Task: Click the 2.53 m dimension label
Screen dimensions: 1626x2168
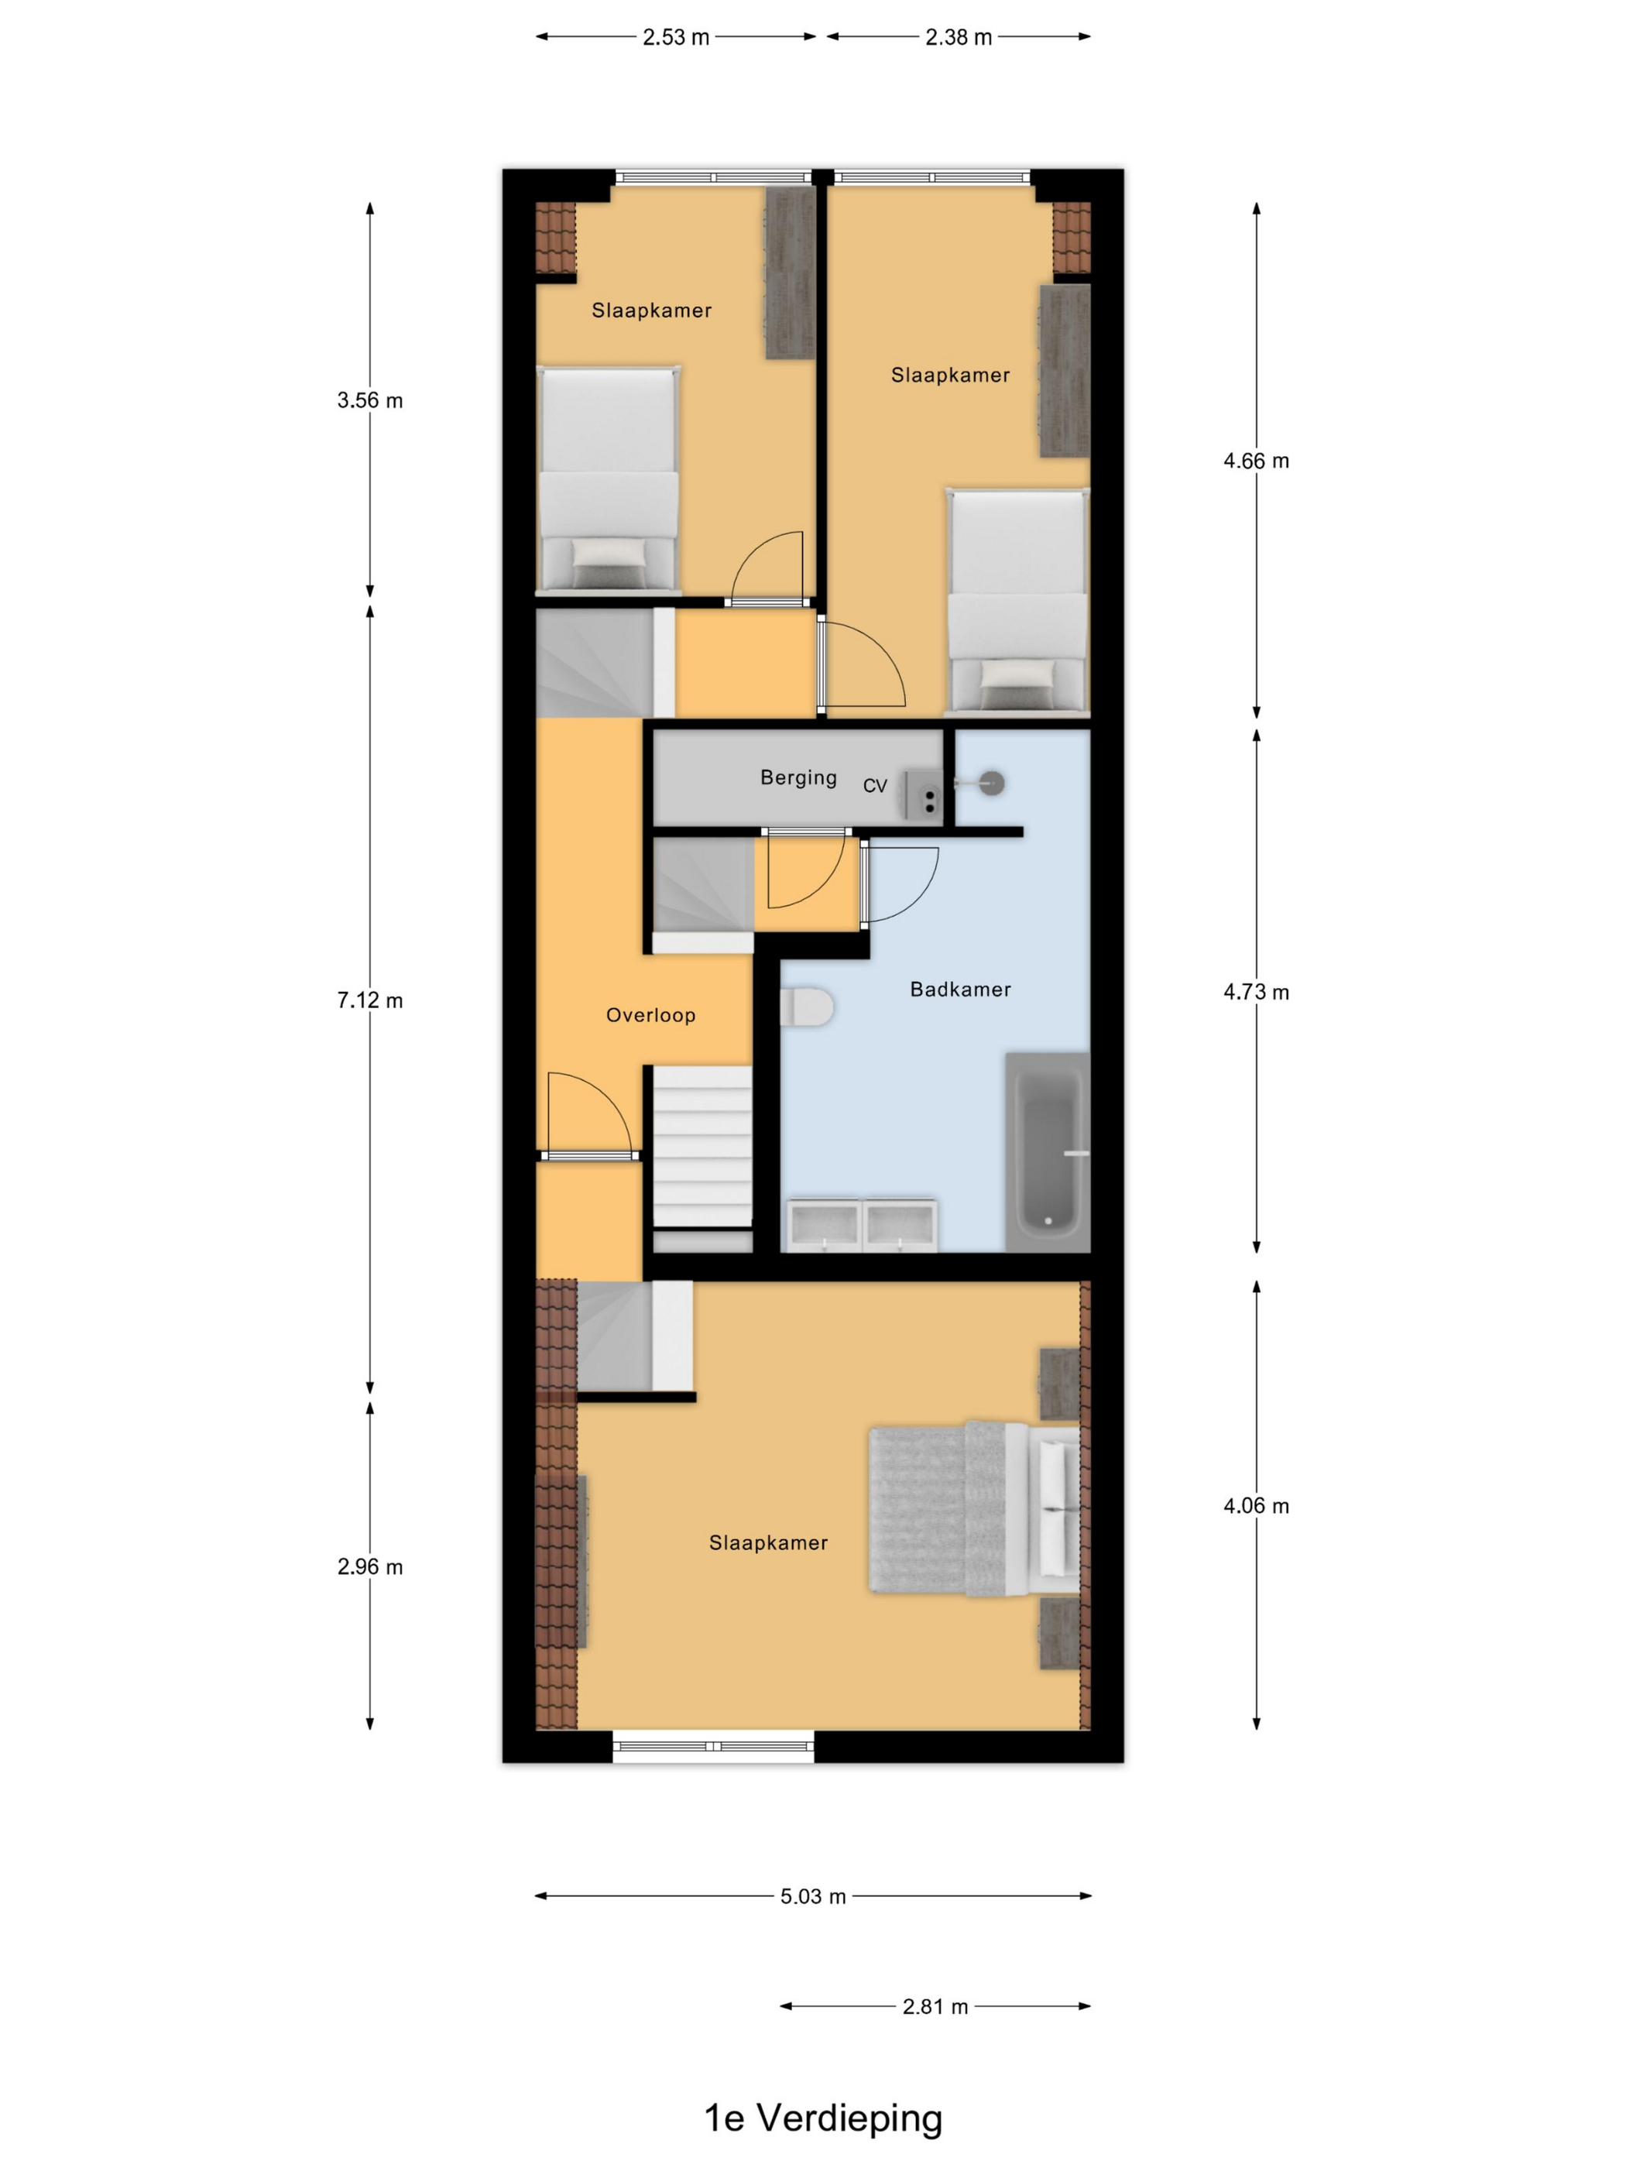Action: pyautogui.click(x=675, y=37)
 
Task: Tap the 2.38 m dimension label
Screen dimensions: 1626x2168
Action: pyautogui.click(x=959, y=37)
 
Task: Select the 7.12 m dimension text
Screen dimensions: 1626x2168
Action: pyautogui.click(x=369, y=1000)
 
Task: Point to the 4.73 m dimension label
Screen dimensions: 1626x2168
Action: pyautogui.click(x=1256, y=992)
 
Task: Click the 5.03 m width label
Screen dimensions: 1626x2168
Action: pyautogui.click(x=812, y=1896)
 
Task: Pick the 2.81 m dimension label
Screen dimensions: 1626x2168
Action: pyautogui.click(x=935, y=2006)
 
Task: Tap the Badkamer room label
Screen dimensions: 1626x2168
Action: pyautogui.click(x=959, y=989)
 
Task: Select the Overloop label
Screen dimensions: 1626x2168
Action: pyautogui.click(x=650, y=1015)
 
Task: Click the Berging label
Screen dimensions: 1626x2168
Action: pyautogui.click(x=798, y=777)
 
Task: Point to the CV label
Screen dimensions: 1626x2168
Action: pyautogui.click(x=874, y=785)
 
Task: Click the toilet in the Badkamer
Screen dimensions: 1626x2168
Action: pyautogui.click(x=807, y=1007)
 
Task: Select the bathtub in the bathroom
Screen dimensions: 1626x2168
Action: pyautogui.click(x=1048, y=1151)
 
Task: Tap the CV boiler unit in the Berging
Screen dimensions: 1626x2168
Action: pyautogui.click(x=923, y=793)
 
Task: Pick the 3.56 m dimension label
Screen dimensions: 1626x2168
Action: pyautogui.click(x=369, y=400)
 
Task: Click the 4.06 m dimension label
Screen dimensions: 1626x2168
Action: pyautogui.click(x=1256, y=1505)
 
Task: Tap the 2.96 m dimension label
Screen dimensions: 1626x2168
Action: pyautogui.click(x=369, y=1566)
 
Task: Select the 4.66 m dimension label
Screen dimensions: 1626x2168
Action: pyautogui.click(x=1256, y=461)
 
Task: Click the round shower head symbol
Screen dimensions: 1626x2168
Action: pyautogui.click(x=993, y=783)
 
